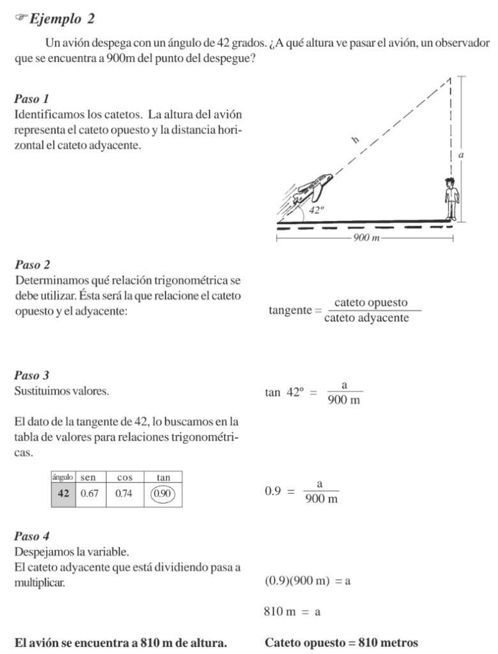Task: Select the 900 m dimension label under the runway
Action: (x=366, y=238)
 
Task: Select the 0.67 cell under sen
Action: (x=88, y=494)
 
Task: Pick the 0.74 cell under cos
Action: (x=124, y=494)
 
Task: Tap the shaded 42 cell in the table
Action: (x=63, y=494)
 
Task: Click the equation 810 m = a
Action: (x=292, y=612)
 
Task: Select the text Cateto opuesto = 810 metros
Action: (x=341, y=642)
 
